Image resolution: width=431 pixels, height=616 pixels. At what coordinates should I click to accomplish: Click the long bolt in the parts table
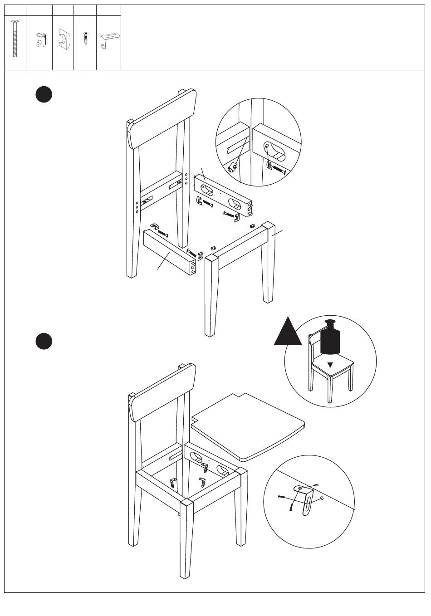[x=15, y=39]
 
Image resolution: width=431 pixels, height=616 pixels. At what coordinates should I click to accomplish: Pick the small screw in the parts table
[x=85, y=38]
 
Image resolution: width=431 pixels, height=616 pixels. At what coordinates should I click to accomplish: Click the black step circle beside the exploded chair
[x=44, y=94]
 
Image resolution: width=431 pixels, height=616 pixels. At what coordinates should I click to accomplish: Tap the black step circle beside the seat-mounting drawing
[x=44, y=341]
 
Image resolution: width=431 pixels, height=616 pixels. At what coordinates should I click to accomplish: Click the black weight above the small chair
[x=331, y=338]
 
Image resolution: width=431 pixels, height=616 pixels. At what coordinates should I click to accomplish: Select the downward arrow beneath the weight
[x=331, y=362]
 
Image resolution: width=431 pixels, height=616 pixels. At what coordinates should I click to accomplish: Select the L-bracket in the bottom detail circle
[x=306, y=499]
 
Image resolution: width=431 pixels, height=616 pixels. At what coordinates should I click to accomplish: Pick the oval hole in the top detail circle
[x=275, y=150]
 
